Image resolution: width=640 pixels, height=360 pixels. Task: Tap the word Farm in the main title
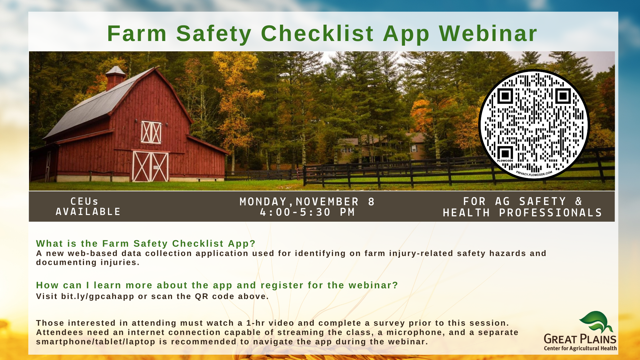point(137,34)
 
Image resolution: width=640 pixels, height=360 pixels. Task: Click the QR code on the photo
point(534,125)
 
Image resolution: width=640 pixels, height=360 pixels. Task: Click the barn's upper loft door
point(151,132)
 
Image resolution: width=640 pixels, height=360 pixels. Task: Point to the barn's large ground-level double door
point(150,166)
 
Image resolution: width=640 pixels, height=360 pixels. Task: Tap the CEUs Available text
point(88,206)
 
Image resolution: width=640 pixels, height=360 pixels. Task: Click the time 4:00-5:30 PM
point(307,212)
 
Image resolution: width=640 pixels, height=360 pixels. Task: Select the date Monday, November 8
point(307,202)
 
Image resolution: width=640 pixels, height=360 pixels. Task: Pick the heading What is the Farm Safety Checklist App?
point(146,244)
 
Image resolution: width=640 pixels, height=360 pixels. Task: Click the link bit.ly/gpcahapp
point(98,296)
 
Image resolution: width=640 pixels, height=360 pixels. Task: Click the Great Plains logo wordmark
point(580,339)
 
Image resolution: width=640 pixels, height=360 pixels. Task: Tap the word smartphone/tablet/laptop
point(96,342)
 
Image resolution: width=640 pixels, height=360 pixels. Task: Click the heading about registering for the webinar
point(217,285)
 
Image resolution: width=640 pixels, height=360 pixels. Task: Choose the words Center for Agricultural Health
point(580,348)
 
